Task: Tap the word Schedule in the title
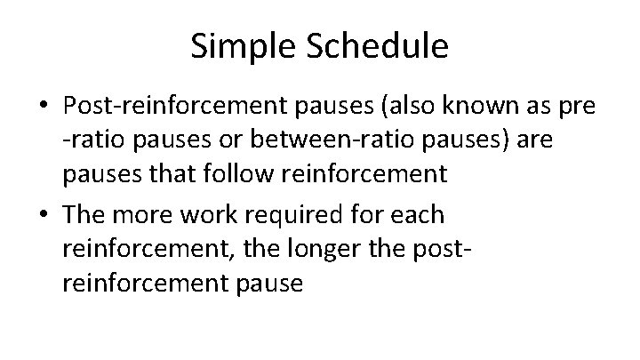coord(379,46)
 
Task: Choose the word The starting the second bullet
coord(84,216)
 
